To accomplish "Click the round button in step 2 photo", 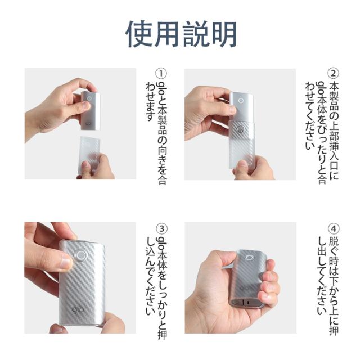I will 241,101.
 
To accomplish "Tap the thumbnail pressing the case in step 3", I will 66,262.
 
